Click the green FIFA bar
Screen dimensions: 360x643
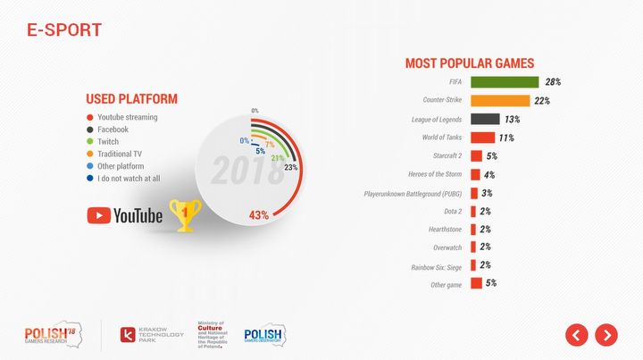[504, 82]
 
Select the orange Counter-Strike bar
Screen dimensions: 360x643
[499, 100]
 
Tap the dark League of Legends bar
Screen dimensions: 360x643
[484, 119]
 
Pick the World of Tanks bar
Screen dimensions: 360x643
[482, 138]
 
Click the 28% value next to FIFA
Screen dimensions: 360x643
[553, 82]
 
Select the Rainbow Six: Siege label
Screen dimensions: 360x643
[437, 266]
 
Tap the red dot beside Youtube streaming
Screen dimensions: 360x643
[89, 117]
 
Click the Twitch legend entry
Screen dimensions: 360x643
[108, 141]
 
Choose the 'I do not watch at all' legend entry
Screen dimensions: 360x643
[129, 179]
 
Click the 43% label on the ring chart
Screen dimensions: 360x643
[258, 214]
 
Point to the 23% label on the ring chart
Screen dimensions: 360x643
[290, 167]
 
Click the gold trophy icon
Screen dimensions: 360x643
[186, 214]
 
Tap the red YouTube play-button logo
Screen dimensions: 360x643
[98, 215]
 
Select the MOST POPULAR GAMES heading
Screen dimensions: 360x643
[469, 63]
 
